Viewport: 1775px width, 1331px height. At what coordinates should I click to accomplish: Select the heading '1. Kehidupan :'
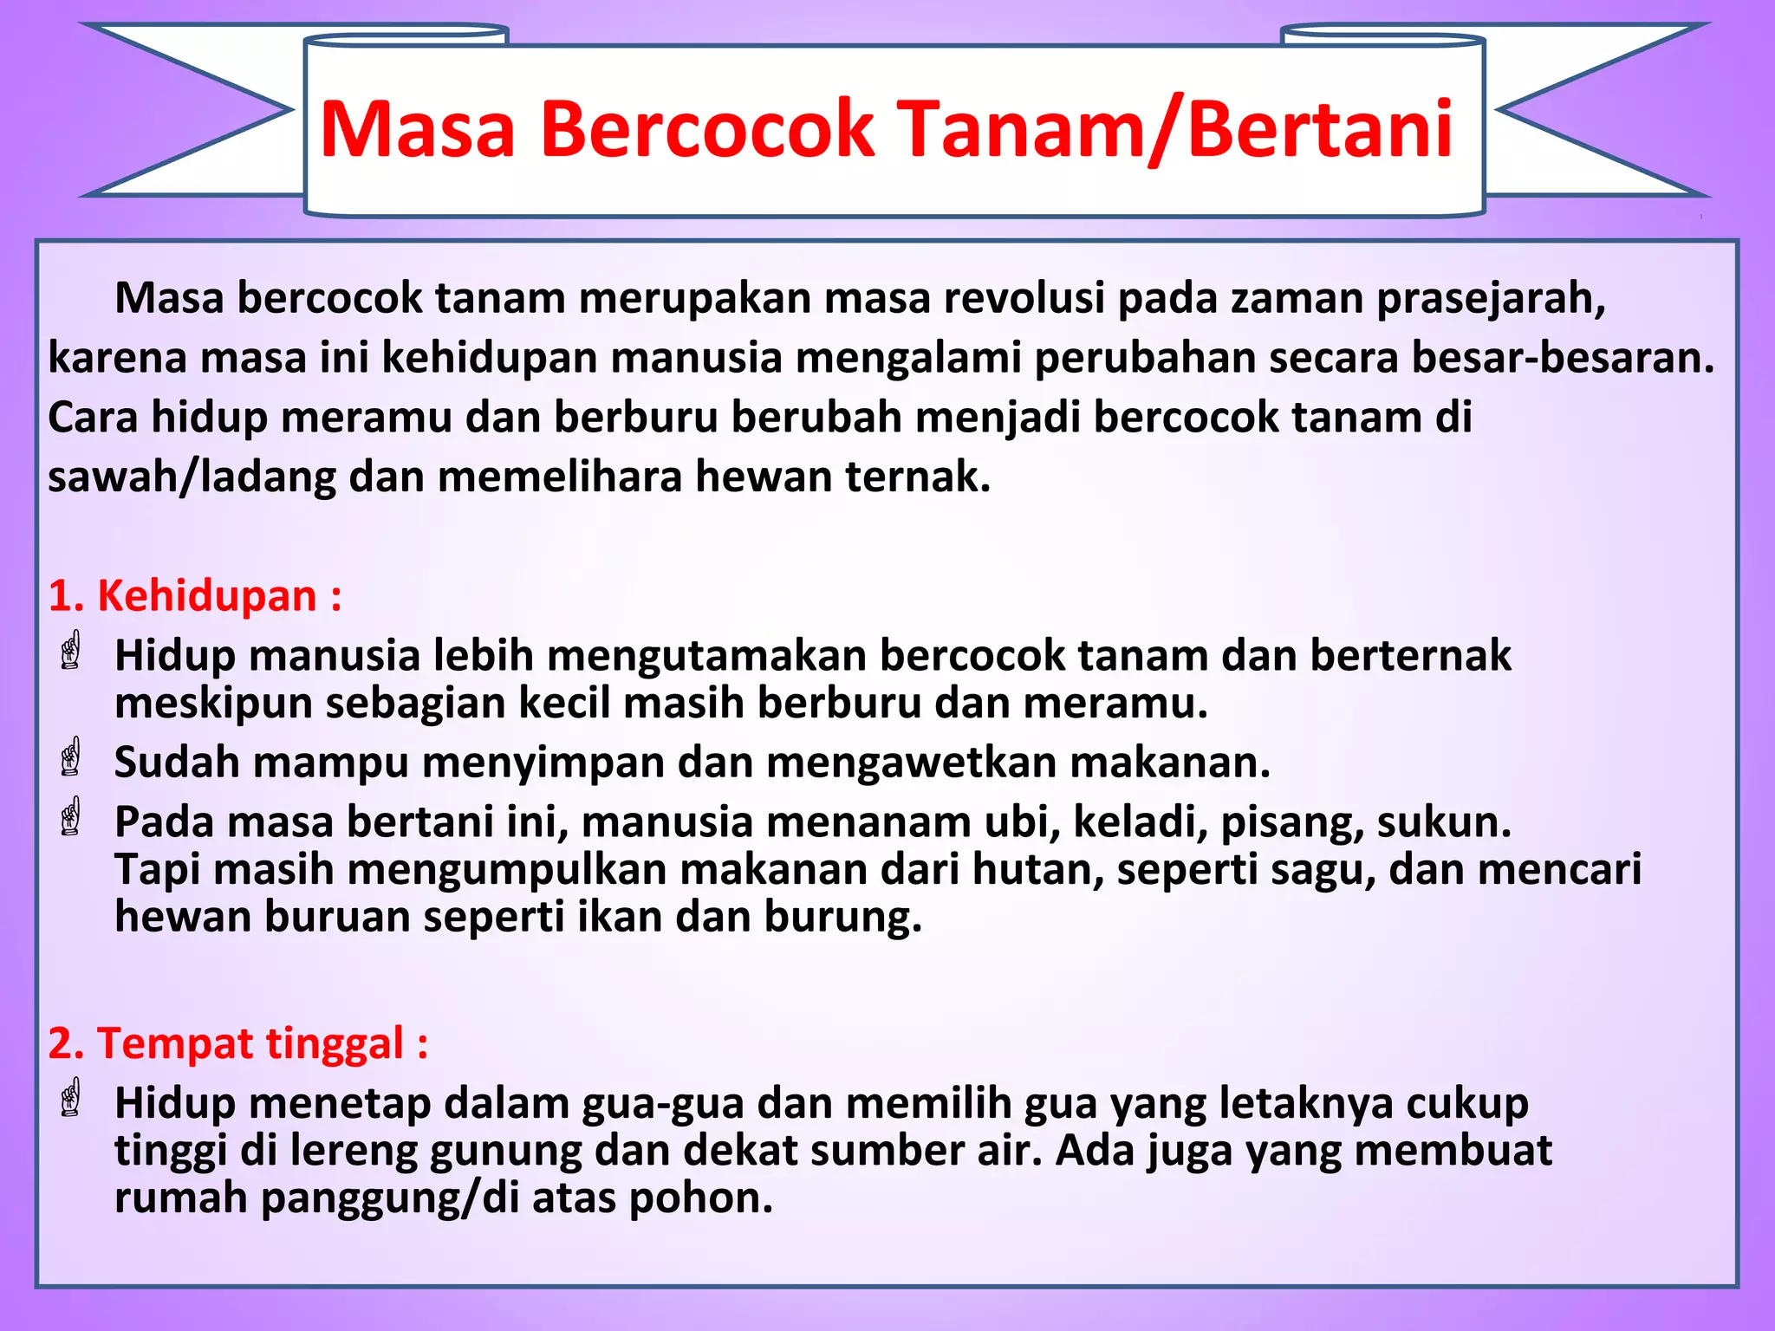tap(195, 596)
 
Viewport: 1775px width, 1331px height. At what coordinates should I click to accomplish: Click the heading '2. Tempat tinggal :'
tap(238, 1042)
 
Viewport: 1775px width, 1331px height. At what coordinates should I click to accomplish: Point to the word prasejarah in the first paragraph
tap(1491, 299)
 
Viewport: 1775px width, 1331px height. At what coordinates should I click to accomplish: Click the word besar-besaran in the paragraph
tap(1562, 358)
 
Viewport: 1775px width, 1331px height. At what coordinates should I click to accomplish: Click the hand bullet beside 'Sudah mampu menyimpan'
tap(71, 757)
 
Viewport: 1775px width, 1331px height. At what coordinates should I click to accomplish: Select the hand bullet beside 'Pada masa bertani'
tap(71, 816)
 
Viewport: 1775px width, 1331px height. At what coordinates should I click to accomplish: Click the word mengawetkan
tap(911, 763)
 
